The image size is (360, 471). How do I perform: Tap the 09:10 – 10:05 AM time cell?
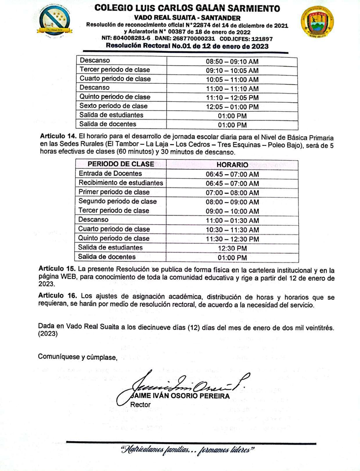[x=232, y=70]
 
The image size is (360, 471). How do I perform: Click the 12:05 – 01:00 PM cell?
[x=232, y=106]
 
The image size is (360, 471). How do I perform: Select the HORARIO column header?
[x=232, y=165]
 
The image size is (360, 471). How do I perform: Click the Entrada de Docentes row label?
[x=111, y=173]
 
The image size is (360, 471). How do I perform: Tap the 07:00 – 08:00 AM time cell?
[x=232, y=192]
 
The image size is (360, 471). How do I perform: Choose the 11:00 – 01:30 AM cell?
[x=232, y=220]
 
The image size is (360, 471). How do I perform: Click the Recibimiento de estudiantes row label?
[x=121, y=183]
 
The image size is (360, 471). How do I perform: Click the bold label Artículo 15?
[x=57, y=269]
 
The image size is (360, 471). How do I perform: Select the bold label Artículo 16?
[x=57, y=296]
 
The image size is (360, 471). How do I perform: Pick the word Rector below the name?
[x=140, y=405]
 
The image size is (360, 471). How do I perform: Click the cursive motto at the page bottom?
[x=188, y=449]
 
